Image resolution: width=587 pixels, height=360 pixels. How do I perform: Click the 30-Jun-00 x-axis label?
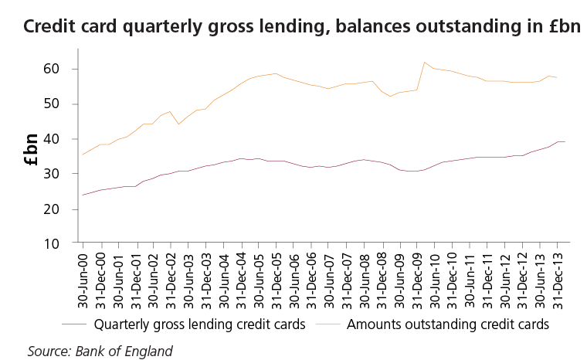(83, 278)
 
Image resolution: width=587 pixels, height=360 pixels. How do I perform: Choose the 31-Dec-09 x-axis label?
(417, 278)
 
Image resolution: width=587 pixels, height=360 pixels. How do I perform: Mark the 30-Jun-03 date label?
(188, 278)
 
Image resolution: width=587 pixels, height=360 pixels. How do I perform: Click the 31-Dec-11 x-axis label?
(487, 278)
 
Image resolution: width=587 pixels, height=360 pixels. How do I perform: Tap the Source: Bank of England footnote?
(100, 351)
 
